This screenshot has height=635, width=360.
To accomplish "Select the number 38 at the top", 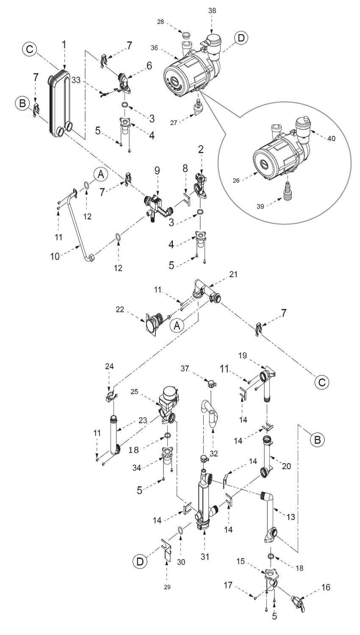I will point(212,11).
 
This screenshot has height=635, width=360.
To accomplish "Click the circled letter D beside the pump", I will point(241,39).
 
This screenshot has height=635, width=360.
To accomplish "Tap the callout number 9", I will point(158,172).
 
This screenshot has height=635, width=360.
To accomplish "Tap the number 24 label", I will point(109,365).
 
